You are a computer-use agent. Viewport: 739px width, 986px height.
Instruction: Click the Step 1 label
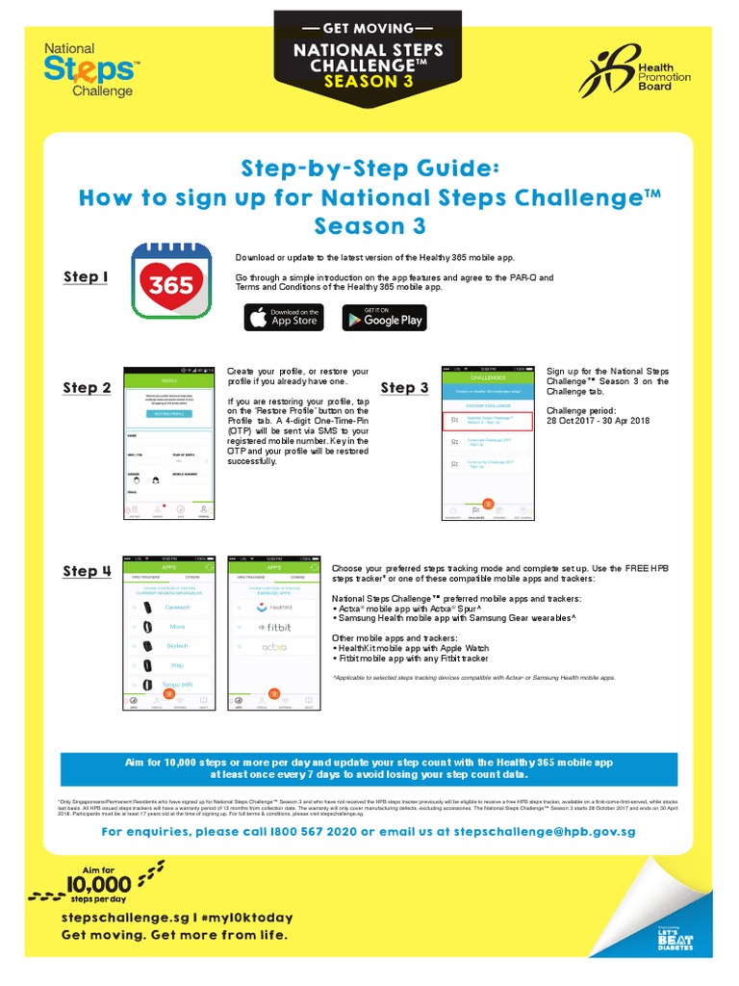(86, 277)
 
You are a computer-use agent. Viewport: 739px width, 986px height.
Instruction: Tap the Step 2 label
(87, 388)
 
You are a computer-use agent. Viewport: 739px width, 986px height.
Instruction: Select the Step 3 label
(404, 388)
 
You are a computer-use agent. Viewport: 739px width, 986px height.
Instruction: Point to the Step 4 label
(87, 571)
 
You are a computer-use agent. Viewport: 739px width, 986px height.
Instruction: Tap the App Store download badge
(284, 318)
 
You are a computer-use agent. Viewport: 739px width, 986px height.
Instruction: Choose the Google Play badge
(383, 318)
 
